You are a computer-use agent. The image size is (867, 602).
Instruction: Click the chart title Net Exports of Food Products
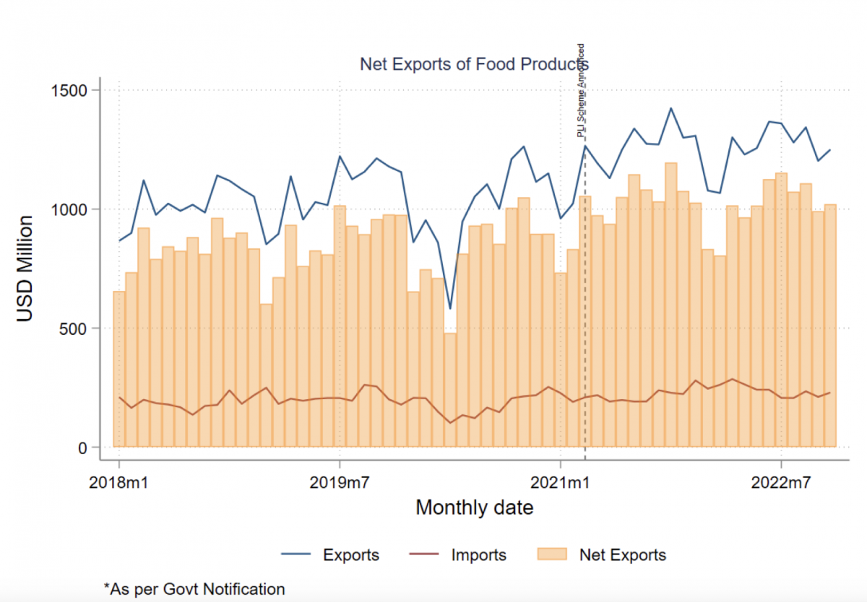(474, 65)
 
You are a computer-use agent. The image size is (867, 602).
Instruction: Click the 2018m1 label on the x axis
(119, 481)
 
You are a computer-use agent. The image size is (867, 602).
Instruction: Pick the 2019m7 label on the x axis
(340, 481)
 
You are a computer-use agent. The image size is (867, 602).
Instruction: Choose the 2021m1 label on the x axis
(560, 481)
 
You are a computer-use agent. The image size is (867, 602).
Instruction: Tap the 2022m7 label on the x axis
(781, 481)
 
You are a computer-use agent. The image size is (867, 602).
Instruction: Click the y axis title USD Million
(25, 269)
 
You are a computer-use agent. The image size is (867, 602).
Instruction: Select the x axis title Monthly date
(474, 507)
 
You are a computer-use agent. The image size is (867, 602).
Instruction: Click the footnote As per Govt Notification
(194, 589)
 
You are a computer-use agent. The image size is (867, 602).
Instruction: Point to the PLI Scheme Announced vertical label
(581, 90)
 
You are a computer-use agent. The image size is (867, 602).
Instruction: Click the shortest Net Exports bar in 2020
(450, 390)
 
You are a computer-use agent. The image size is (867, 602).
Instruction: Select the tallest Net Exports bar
(670, 303)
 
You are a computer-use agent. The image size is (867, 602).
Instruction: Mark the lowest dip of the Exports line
(450, 309)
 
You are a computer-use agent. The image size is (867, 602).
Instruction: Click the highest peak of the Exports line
(670, 108)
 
